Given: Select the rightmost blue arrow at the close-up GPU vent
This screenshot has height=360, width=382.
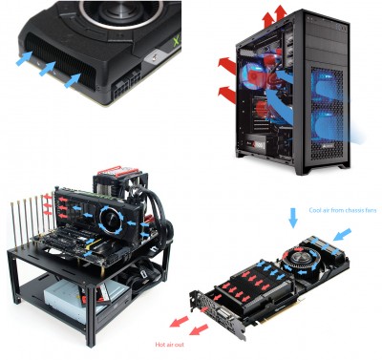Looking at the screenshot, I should [73, 79].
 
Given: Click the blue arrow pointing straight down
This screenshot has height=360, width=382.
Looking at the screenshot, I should [292, 218].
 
